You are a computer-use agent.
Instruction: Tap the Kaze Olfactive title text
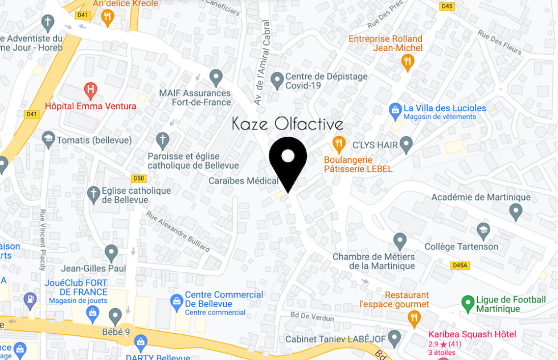[x=288, y=124]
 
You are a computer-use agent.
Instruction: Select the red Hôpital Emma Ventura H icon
[x=90, y=89]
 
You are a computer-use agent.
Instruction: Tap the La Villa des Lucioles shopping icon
[x=395, y=109]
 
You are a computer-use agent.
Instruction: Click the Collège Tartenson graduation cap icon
[x=483, y=230]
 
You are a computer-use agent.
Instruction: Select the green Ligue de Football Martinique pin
[x=467, y=302]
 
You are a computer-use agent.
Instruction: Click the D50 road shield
[x=139, y=178]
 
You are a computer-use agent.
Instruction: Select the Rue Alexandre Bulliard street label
[x=178, y=231]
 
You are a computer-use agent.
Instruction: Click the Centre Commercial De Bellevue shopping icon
[x=177, y=301]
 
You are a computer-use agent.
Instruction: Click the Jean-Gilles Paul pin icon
[x=111, y=252]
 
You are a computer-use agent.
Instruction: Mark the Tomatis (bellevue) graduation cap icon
[x=48, y=139]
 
